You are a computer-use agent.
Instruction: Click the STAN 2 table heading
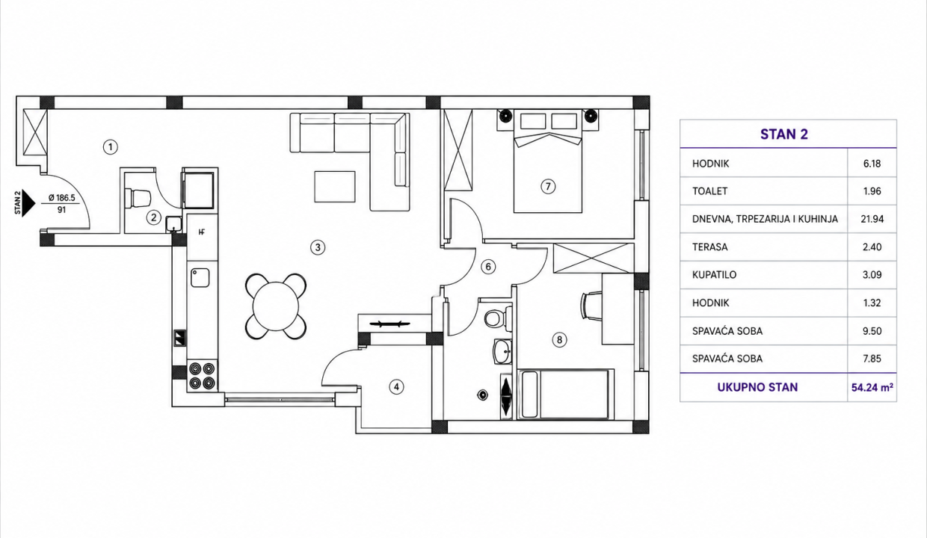pos(783,134)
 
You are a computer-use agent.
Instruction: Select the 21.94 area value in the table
pos(872,219)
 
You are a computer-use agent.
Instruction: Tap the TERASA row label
pos(710,247)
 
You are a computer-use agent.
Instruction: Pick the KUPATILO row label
pos(714,274)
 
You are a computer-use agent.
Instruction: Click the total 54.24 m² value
pos(872,388)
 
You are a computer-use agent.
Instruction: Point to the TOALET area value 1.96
pos(872,191)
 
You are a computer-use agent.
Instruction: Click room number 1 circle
pos(111,146)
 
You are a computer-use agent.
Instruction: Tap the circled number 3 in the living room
pos(318,247)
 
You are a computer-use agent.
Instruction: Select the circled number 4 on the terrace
pos(396,387)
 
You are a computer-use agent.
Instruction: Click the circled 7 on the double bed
pos(548,187)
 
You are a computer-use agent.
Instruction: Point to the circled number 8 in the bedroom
pos(559,340)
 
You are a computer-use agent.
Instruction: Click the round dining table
pos(276,306)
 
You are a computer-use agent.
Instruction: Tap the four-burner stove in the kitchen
pos(203,376)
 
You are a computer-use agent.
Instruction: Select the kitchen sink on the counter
pos(200,278)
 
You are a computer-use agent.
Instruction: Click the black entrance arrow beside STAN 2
pos(29,203)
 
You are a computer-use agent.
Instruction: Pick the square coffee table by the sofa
pos(335,187)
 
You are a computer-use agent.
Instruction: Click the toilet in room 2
pos(137,198)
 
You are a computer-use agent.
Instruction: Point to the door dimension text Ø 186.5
pos(61,198)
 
